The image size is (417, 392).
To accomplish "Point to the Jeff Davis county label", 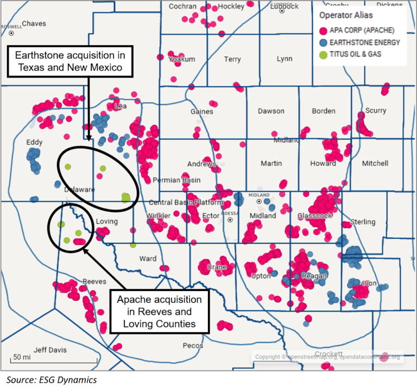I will coord(50,350).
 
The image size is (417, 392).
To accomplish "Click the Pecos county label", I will coord(193,345).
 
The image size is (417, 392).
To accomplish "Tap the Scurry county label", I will coord(376,110).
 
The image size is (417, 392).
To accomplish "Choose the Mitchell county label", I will coord(375,163).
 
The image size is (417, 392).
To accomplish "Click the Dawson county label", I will coord(271,111).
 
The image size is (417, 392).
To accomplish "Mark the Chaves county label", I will coord(34,24).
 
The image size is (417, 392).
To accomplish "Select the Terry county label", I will coord(232,59).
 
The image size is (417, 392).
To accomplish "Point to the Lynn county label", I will coord(284,59).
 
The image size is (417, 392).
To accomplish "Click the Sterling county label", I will coord(363,222).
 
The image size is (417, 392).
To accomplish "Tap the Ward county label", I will coord(148,258).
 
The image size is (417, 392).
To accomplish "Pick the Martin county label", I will coord(271,163).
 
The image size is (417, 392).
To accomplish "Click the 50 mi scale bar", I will coord(22,358).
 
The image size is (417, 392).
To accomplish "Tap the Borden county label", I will coord(324,111).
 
